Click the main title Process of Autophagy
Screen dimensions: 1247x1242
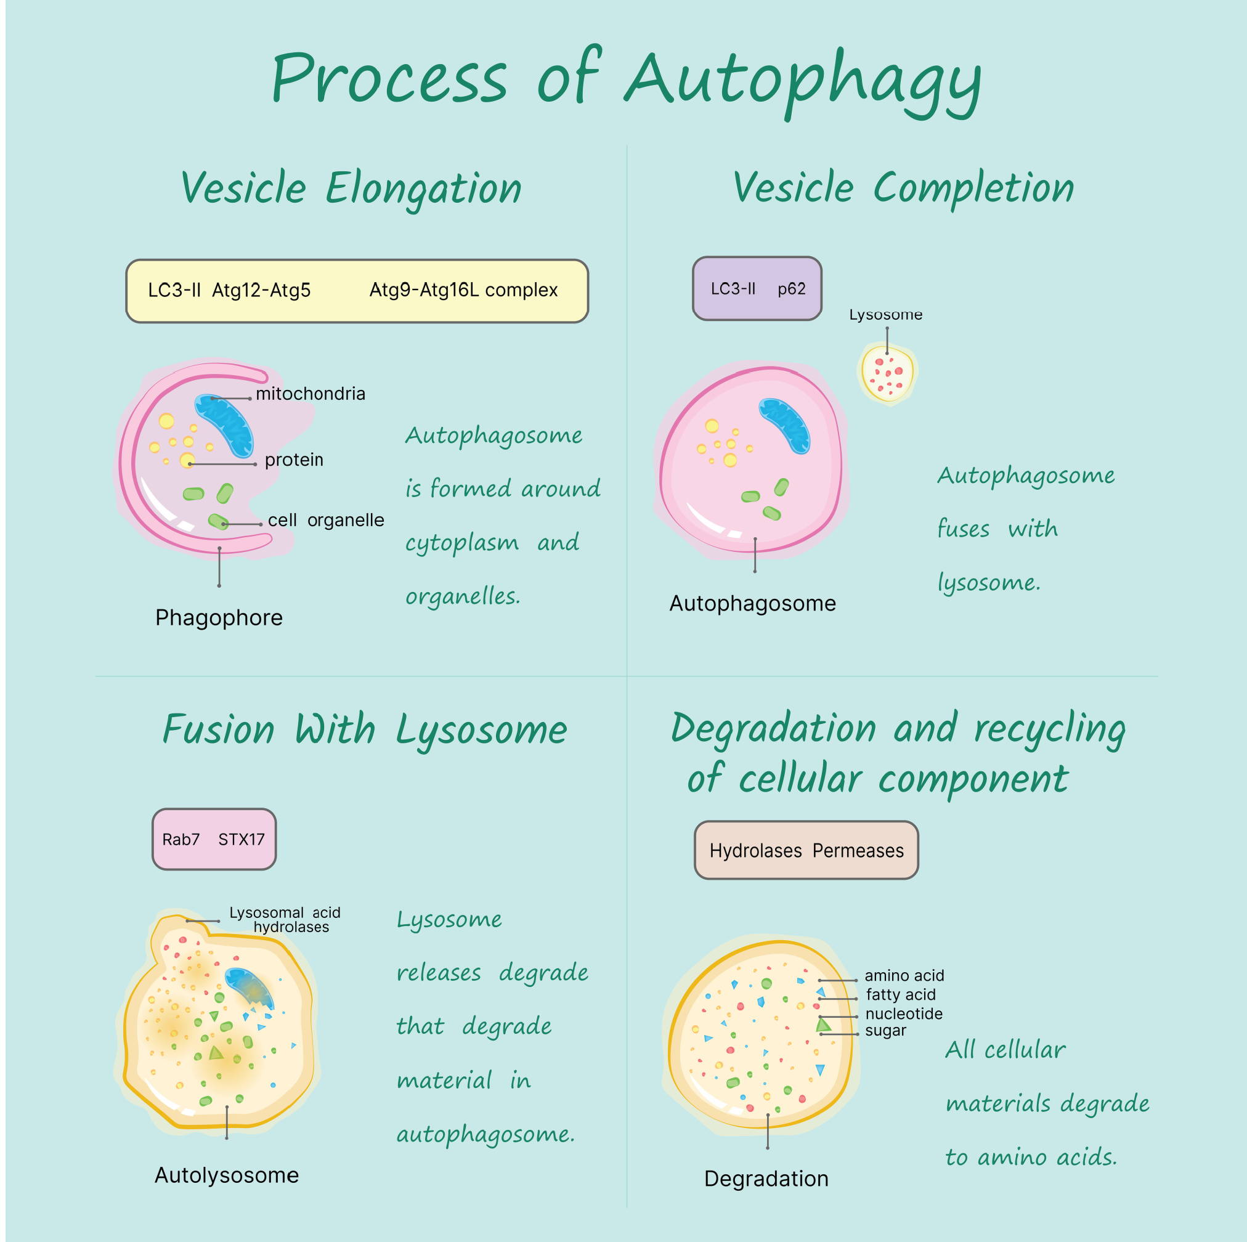click(x=626, y=81)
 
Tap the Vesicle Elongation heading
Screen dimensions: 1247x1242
click(x=351, y=189)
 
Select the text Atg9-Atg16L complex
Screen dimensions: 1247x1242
click(x=463, y=290)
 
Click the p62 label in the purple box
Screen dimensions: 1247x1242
click(x=791, y=289)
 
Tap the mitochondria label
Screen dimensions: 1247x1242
click(x=311, y=394)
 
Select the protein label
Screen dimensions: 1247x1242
click(x=294, y=460)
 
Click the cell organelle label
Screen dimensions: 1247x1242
click(x=326, y=521)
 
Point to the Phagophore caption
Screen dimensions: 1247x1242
click(x=219, y=618)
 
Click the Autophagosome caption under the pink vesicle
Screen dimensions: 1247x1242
click(x=753, y=604)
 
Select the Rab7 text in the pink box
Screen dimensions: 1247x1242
click(x=181, y=839)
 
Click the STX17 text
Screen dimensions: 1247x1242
click(x=242, y=839)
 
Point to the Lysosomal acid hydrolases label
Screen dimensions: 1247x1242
click(x=285, y=920)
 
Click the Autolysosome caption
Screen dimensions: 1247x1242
click(x=227, y=1175)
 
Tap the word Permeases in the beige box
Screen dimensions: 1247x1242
click(x=858, y=851)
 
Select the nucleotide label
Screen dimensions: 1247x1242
click(x=904, y=1013)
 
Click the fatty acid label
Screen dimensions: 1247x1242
click(x=900, y=995)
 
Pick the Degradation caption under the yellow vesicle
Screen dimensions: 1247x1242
click(x=766, y=1179)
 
